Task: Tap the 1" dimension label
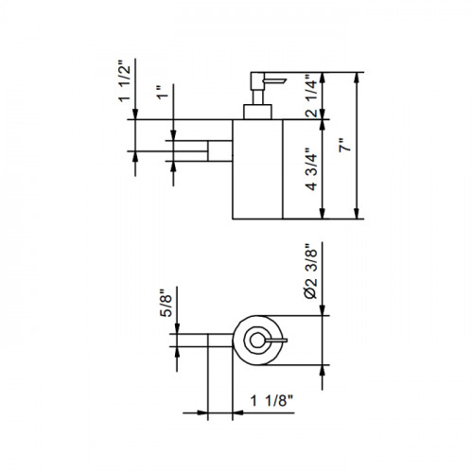click(x=163, y=92)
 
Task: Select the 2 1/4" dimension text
click(x=311, y=96)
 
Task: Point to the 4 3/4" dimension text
click(x=311, y=169)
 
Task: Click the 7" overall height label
click(x=344, y=145)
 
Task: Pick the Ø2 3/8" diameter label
click(x=311, y=272)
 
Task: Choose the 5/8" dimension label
click(x=166, y=303)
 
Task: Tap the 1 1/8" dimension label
click(x=272, y=401)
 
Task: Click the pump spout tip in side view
click(x=285, y=80)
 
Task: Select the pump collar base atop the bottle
click(x=257, y=112)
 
